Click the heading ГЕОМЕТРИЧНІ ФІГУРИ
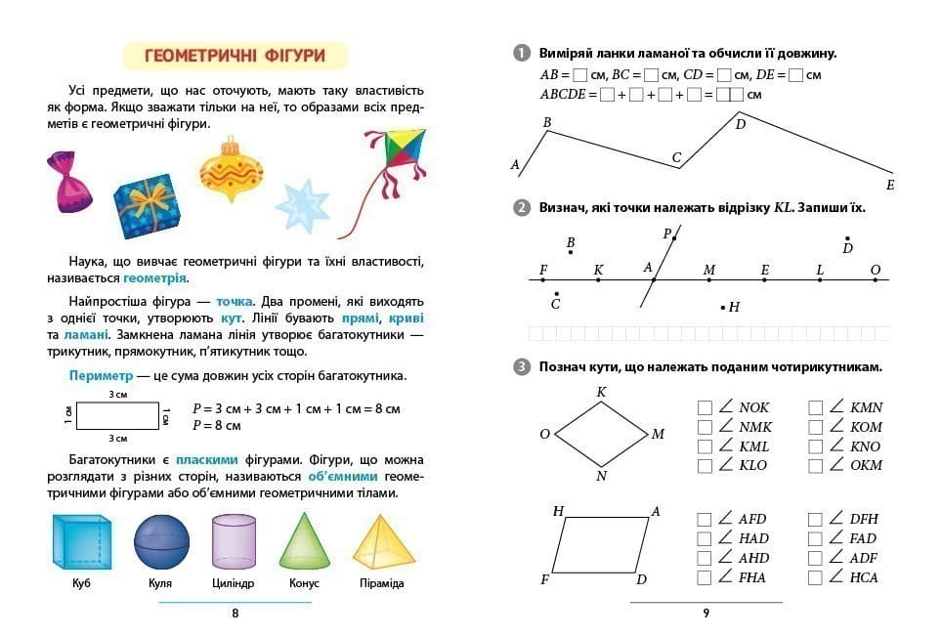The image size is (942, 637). [235, 56]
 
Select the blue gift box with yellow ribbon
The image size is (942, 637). [147, 206]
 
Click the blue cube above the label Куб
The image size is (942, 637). [81, 542]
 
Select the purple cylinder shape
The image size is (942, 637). [234, 542]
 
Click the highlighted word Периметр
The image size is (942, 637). [99, 376]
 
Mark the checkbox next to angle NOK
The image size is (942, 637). [705, 407]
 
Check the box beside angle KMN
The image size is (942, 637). [816, 407]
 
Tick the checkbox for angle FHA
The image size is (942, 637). [705, 577]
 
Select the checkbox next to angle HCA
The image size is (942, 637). [816, 577]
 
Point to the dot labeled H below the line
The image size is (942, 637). [723, 308]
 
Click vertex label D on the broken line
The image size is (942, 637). [740, 124]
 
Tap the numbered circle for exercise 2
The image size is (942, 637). [521, 208]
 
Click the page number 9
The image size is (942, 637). [706, 614]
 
